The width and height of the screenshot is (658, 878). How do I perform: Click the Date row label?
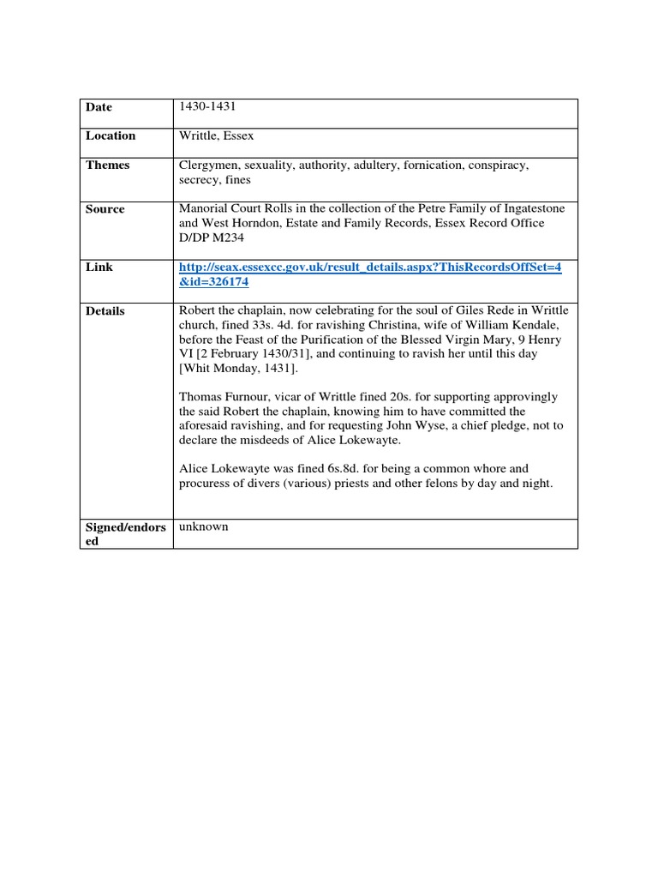99,107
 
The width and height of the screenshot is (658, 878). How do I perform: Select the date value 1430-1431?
207,106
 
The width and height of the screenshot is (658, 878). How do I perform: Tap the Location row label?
110,135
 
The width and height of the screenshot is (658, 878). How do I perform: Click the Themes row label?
107,165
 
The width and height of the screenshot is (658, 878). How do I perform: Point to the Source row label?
105,209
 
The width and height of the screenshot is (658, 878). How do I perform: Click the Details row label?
105,311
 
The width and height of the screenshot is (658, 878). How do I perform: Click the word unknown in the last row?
204,526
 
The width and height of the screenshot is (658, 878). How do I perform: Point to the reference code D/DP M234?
211,237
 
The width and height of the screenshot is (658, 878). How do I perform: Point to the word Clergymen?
209,165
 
